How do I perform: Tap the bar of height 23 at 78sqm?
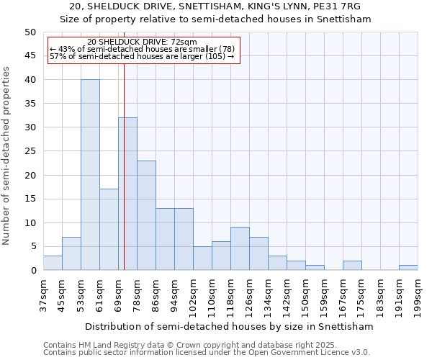click(146, 215)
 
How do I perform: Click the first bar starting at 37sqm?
click(53, 263)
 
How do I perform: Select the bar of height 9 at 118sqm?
click(240, 248)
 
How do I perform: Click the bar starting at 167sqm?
click(352, 266)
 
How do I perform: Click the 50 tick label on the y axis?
click(30, 32)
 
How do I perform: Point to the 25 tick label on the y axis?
click(30, 151)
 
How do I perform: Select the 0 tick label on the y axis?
click(32, 271)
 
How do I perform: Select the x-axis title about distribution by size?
click(229, 326)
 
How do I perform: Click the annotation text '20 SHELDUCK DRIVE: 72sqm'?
click(141, 42)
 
